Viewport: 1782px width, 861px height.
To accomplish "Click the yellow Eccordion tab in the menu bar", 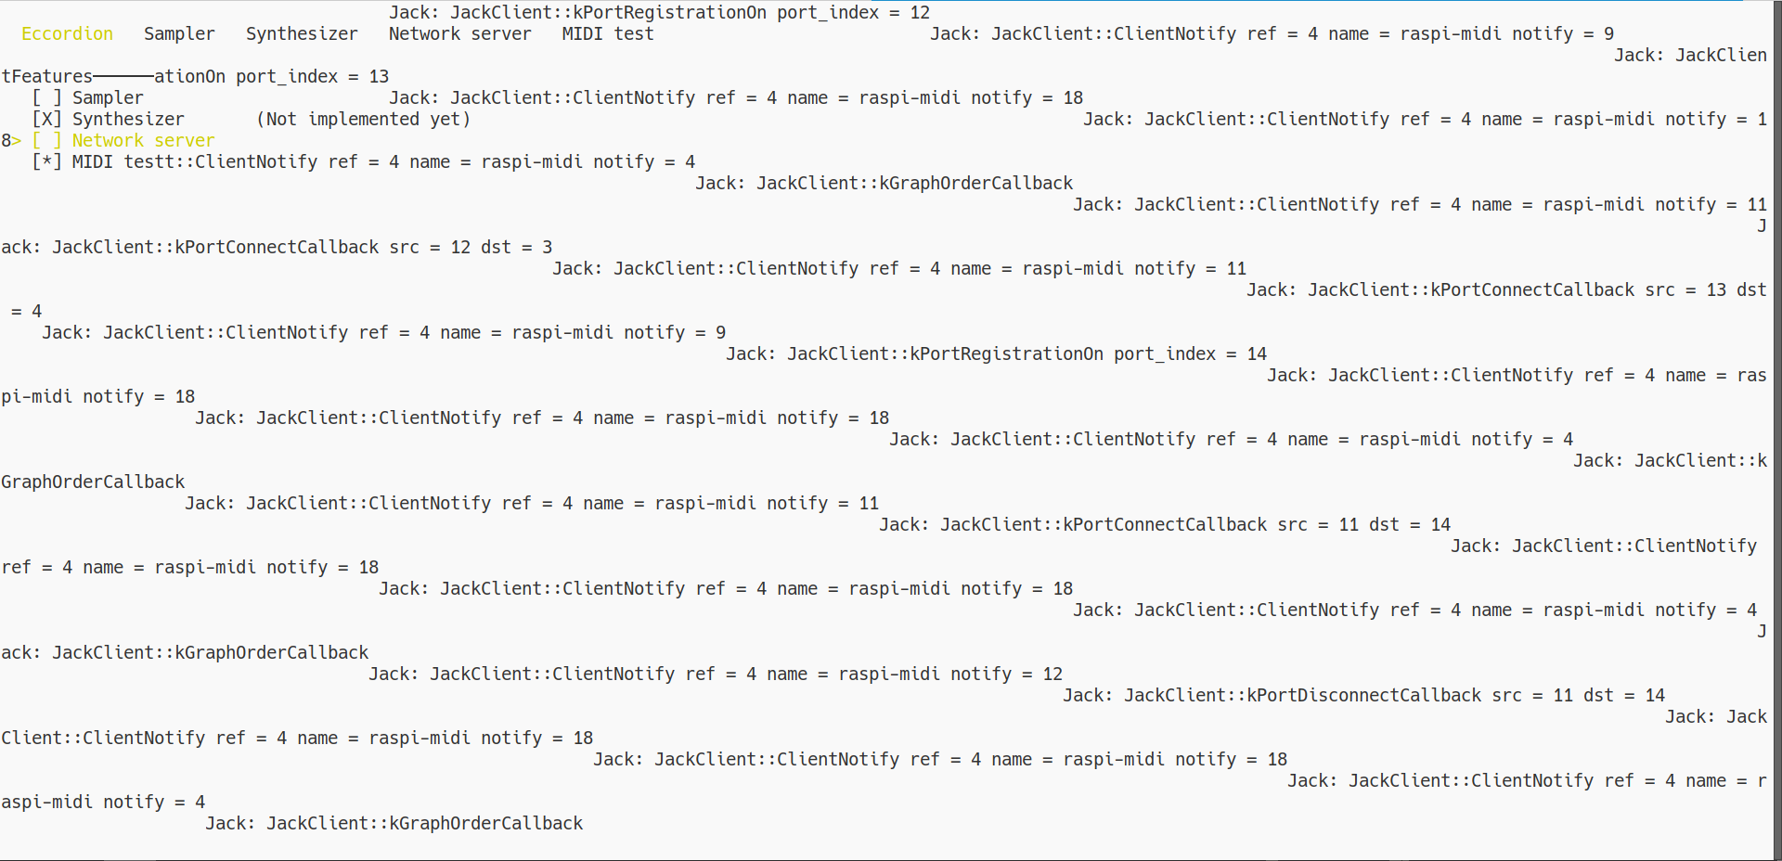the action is (x=67, y=34).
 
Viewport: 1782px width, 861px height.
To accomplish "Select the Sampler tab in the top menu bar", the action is (x=179, y=34).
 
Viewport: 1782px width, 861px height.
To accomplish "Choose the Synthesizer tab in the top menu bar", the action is (x=302, y=34).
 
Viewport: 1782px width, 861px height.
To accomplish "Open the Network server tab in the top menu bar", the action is (x=459, y=34).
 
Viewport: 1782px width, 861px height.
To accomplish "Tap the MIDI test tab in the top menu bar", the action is (x=608, y=34).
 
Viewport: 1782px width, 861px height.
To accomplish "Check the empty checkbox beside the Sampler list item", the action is (x=46, y=98).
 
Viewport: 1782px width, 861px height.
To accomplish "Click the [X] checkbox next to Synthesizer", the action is (x=46, y=120).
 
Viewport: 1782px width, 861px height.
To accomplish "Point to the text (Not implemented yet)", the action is (x=363, y=120).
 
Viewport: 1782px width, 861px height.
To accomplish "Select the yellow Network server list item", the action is (x=143, y=141).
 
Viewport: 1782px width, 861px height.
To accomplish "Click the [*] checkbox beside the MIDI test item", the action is (x=46, y=162).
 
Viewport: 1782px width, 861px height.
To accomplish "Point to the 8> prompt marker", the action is (x=11, y=141).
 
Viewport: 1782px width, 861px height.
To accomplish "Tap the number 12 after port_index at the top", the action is (x=920, y=13).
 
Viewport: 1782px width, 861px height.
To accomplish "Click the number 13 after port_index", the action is (x=379, y=77).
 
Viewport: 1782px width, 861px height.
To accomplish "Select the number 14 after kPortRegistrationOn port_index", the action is (x=1257, y=354).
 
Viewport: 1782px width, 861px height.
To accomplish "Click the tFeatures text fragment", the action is (x=46, y=77).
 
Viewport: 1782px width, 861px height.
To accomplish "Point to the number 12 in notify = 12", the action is (x=1052, y=675).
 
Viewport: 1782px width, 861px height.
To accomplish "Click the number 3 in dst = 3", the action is (x=548, y=248).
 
